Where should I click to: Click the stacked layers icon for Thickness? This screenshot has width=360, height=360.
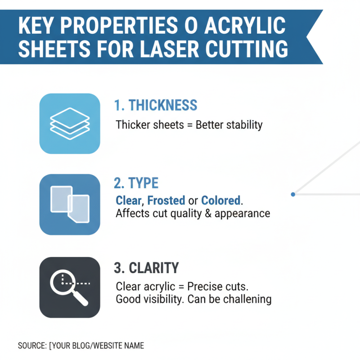[x=70, y=123]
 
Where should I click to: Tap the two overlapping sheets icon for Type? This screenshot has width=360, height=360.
[x=70, y=204]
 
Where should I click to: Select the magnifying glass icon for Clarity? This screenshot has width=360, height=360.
[x=70, y=287]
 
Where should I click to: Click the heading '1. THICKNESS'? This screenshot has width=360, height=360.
[x=155, y=105]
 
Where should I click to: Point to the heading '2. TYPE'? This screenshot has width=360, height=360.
[x=136, y=183]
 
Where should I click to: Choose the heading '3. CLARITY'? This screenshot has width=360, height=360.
[x=146, y=268]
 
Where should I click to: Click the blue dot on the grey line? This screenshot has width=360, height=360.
[x=293, y=194]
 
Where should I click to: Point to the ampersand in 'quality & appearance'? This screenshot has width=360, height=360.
[x=207, y=213]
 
